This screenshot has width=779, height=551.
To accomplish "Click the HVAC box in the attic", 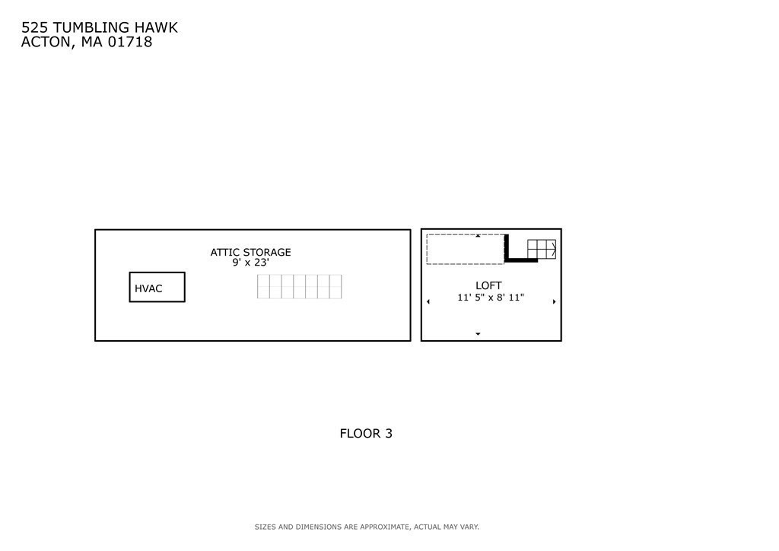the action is pyautogui.click(x=157, y=272).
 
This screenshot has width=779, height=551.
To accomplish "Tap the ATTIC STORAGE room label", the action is pyautogui.click(x=250, y=253).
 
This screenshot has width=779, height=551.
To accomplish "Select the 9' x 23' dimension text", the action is pyautogui.click(x=250, y=263).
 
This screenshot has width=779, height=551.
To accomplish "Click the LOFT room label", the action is pyautogui.click(x=488, y=285).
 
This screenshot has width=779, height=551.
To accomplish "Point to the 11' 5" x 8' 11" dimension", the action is pyautogui.click(x=491, y=298).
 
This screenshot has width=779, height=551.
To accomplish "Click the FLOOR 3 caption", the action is pyautogui.click(x=366, y=434).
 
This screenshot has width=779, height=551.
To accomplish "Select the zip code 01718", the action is pyautogui.click(x=130, y=42).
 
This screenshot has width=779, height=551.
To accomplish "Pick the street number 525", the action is pyautogui.click(x=34, y=28).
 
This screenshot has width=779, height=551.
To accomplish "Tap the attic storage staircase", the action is pyautogui.click(x=300, y=287).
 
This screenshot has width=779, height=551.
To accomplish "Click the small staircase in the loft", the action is pyautogui.click(x=542, y=249).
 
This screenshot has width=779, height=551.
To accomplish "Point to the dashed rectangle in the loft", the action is pyautogui.click(x=428, y=249).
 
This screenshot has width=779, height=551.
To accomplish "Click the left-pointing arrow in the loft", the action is pyautogui.click(x=428, y=301).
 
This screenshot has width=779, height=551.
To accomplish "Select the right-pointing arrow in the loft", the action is pyautogui.click(x=554, y=301).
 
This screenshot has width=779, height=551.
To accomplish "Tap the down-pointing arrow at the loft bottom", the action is pyautogui.click(x=478, y=334).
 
